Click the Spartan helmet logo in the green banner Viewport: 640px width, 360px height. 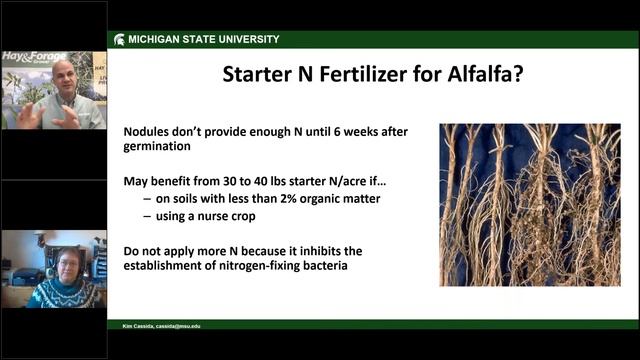coord(118,39)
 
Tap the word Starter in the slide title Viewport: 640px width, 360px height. coord(262,74)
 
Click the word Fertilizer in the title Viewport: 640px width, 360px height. coord(375,74)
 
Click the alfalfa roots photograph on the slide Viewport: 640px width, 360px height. coord(528,204)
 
